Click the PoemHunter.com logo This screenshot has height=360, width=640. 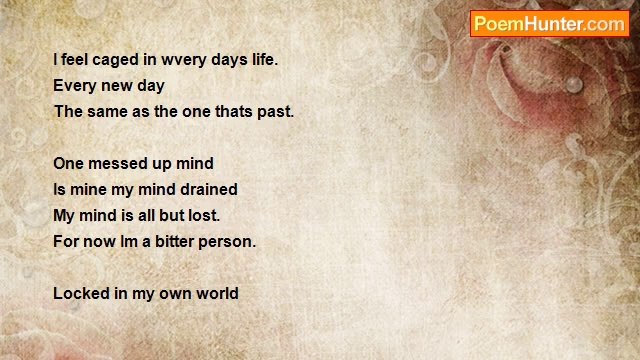[x=549, y=24]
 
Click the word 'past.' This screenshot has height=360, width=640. [x=275, y=112]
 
